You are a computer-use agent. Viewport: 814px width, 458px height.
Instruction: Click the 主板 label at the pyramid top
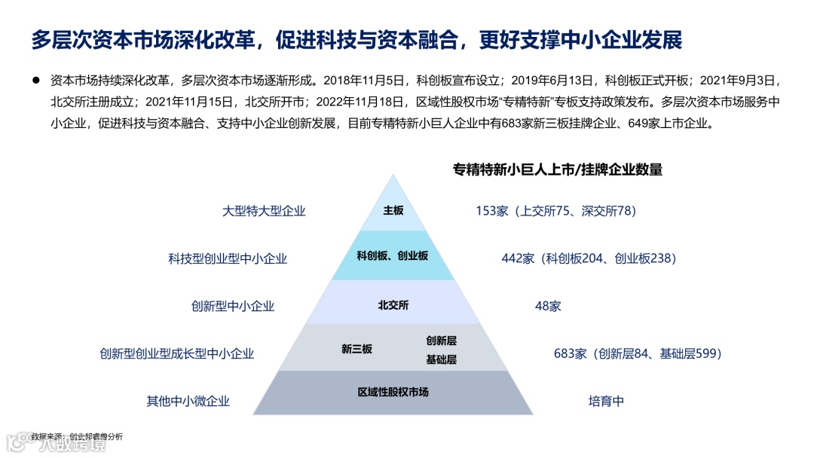coord(393,211)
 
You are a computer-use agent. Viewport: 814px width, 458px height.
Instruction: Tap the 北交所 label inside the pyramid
coord(393,305)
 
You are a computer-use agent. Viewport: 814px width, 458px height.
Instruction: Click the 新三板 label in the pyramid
coord(357,350)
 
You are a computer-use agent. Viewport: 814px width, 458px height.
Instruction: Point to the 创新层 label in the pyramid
coord(442,340)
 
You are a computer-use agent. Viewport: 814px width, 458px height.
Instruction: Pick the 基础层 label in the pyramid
coord(442,359)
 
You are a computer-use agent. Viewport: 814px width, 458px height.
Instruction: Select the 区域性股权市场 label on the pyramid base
coord(393,392)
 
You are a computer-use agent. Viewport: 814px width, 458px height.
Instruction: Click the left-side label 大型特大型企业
coord(264,211)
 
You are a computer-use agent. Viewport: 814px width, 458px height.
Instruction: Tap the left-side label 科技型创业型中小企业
coord(228,258)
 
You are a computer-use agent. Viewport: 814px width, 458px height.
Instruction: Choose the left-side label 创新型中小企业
coord(233,306)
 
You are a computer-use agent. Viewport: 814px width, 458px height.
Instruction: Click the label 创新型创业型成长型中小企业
coord(177,353)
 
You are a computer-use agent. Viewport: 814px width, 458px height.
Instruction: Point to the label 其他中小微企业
coord(188,402)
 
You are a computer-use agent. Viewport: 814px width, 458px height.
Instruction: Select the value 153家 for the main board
coord(492,211)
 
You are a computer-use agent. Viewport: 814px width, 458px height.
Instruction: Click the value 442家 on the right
coord(518,258)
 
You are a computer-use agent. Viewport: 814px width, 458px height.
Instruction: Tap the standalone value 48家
coord(547,306)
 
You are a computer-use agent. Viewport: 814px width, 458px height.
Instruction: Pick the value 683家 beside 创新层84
coord(570,353)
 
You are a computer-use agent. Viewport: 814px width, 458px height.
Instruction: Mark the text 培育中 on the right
coord(606,402)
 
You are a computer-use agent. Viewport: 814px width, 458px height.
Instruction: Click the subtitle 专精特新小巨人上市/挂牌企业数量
coord(557,169)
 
